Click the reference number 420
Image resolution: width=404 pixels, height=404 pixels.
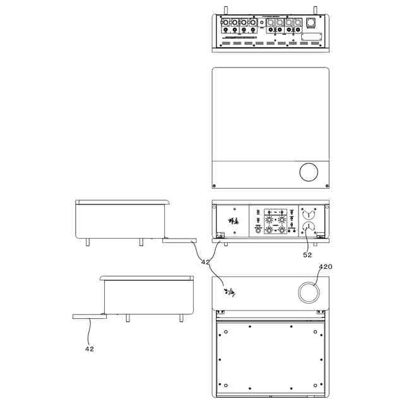(x=325, y=266)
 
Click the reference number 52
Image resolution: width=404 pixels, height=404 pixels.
(x=307, y=255)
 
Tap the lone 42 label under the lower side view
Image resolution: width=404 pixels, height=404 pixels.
(x=89, y=348)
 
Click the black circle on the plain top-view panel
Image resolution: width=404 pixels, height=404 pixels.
(x=309, y=172)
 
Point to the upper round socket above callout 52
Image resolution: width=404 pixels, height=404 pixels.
(x=309, y=213)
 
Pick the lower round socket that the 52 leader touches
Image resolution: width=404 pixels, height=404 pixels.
(x=309, y=228)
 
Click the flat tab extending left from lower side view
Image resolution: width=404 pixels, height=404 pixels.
(x=87, y=316)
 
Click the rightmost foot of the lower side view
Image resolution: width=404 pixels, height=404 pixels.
(x=181, y=317)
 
